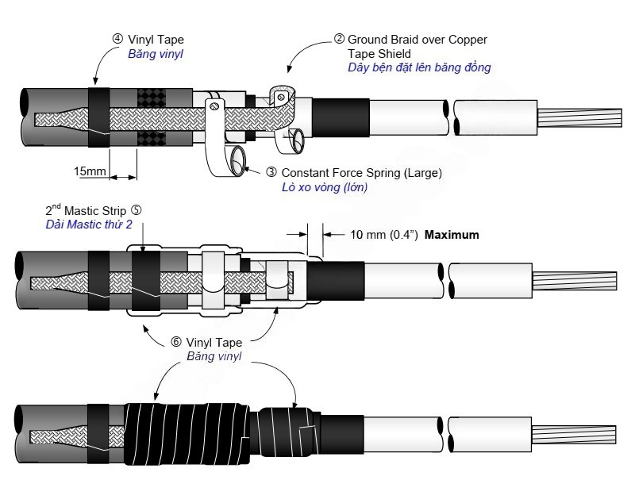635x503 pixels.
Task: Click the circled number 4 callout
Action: pyautogui.click(x=117, y=39)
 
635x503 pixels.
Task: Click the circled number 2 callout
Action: pyautogui.click(x=340, y=39)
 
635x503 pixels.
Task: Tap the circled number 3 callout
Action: pyautogui.click(x=271, y=172)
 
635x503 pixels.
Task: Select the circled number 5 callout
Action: pyautogui.click(x=137, y=210)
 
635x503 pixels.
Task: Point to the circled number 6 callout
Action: pyautogui.click(x=176, y=342)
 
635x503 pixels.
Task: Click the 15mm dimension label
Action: pyautogui.click(x=90, y=171)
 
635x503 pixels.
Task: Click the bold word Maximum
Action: pyautogui.click(x=452, y=235)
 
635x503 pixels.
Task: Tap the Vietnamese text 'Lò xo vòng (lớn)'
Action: pyautogui.click(x=325, y=187)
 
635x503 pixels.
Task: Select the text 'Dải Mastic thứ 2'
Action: pyautogui.click(x=89, y=225)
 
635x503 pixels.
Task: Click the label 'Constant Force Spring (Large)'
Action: pyautogui.click(x=362, y=173)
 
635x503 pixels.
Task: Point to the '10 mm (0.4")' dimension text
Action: pyautogui.click(x=384, y=235)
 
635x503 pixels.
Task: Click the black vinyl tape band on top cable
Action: pyautogui.click(x=98, y=117)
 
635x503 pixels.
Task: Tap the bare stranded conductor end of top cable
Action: pyautogui.click(x=579, y=117)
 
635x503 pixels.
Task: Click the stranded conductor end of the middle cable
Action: pyautogui.click(x=574, y=281)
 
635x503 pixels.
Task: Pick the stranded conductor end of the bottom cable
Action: pyautogui.click(x=573, y=435)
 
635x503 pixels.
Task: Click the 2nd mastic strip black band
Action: pyautogui.click(x=146, y=280)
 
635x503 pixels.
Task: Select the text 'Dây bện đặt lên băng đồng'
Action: pyautogui.click(x=419, y=67)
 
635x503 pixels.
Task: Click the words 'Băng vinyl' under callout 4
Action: pyautogui.click(x=156, y=54)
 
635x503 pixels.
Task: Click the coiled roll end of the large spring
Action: pyautogui.click(x=238, y=160)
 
